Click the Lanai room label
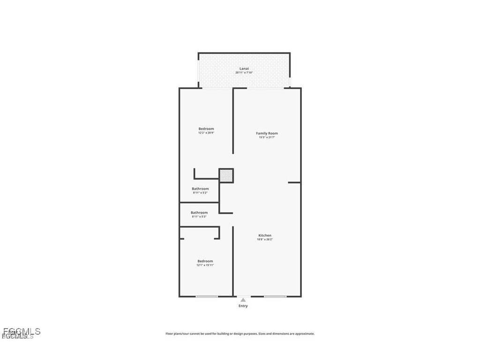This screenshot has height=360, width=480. click(244, 69)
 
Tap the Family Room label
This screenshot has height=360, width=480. click(267, 133)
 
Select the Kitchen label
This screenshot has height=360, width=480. click(265, 235)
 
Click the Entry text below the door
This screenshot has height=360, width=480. click(243, 306)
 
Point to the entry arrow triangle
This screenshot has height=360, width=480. click(243, 300)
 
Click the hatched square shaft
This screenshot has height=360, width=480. click(226, 176)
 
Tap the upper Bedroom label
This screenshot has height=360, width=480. click(206, 129)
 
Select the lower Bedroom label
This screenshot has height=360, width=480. click(205, 261)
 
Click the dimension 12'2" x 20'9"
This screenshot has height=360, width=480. click(206, 133)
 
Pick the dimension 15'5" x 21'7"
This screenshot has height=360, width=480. click(267, 137)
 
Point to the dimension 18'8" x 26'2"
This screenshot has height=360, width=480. click(265, 240)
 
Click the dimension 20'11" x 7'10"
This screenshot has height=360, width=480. click(244, 73)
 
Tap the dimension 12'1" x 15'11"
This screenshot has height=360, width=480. click(205, 265)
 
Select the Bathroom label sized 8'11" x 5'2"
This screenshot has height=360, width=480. click(200, 189)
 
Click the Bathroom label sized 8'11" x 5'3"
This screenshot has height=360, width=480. click(199, 213)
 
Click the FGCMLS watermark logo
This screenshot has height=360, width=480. click(21, 332)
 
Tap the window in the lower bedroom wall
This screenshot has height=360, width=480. click(207, 296)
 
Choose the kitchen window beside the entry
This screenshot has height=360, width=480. click(275, 296)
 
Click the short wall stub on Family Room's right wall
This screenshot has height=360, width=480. click(294, 182)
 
